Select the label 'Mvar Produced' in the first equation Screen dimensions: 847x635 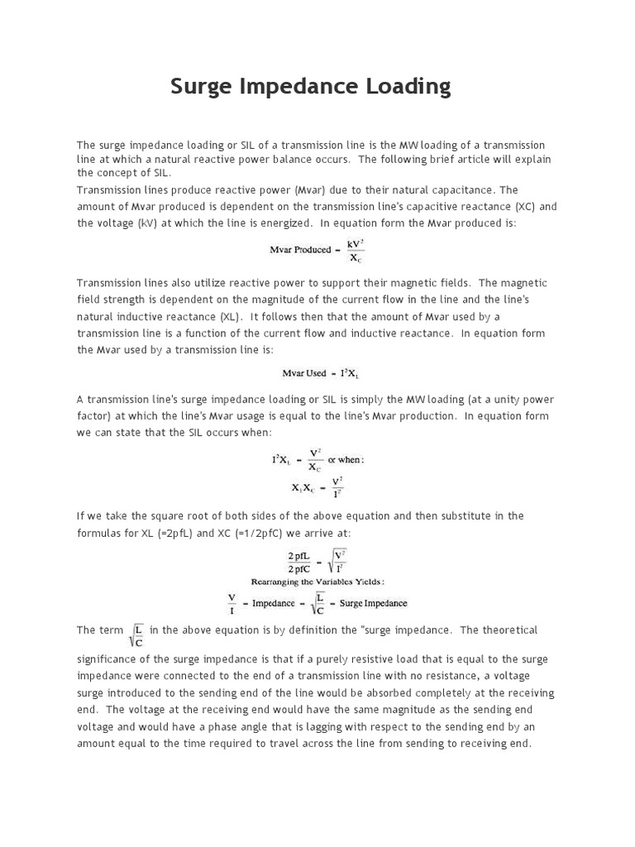pyautogui.click(x=300, y=250)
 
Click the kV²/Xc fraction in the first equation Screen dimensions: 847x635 pyautogui.click(x=356, y=250)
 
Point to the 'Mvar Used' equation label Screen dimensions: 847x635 pyautogui.click(x=304, y=373)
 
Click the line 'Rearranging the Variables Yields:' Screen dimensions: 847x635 pyautogui.click(x=317, y=581)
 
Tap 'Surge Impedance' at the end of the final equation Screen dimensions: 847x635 pyautogui.click(x=372, y=603)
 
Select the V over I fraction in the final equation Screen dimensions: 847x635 pyautogui.click(x=232, y=603)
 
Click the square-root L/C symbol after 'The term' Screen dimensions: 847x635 pyautogui.click(x=138, y=634)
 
